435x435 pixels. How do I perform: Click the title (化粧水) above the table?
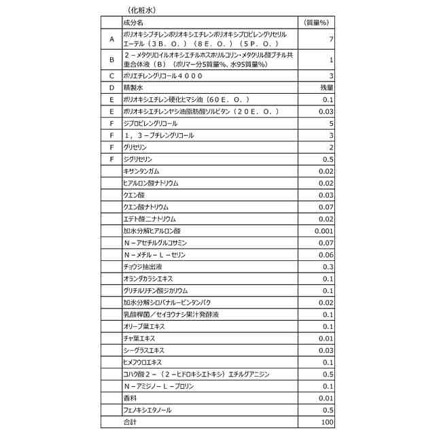tap(142, 10)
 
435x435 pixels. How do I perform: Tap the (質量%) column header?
tap(315, 22)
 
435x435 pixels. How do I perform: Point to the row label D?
tap(111, 88)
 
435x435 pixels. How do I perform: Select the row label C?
tap(111, 75)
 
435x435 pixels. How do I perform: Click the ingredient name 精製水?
tap(134, 88)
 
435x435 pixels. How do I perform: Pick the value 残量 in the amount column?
tap(326, 88)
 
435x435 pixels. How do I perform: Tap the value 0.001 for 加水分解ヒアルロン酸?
tap(324, 230)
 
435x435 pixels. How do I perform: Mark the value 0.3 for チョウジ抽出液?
tap(328, 266)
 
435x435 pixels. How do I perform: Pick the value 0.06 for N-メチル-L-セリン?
tap(326, 254)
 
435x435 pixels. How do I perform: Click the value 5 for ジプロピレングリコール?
tap(331, 123)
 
